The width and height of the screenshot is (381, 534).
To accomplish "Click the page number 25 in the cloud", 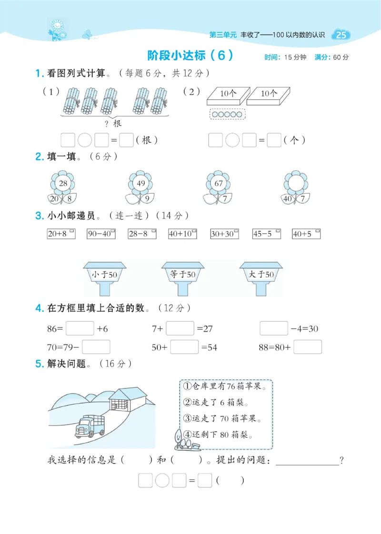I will (341, 35).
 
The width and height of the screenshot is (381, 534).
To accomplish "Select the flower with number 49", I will (140, 184).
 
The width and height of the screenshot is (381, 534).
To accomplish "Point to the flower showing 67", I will (219, 184).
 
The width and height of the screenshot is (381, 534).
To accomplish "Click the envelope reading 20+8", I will (61, 234).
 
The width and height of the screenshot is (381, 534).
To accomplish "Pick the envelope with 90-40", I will (101, 234).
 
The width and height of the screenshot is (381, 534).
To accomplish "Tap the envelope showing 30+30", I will (224, 234).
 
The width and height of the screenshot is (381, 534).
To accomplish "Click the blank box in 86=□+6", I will (80, 328).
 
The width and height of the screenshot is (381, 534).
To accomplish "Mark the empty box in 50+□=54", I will (184, 347).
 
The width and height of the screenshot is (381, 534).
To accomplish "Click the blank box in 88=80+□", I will (307, 347).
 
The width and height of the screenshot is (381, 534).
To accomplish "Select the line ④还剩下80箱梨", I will (218, 434).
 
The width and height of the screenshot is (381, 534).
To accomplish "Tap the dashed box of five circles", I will (227, 114).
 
